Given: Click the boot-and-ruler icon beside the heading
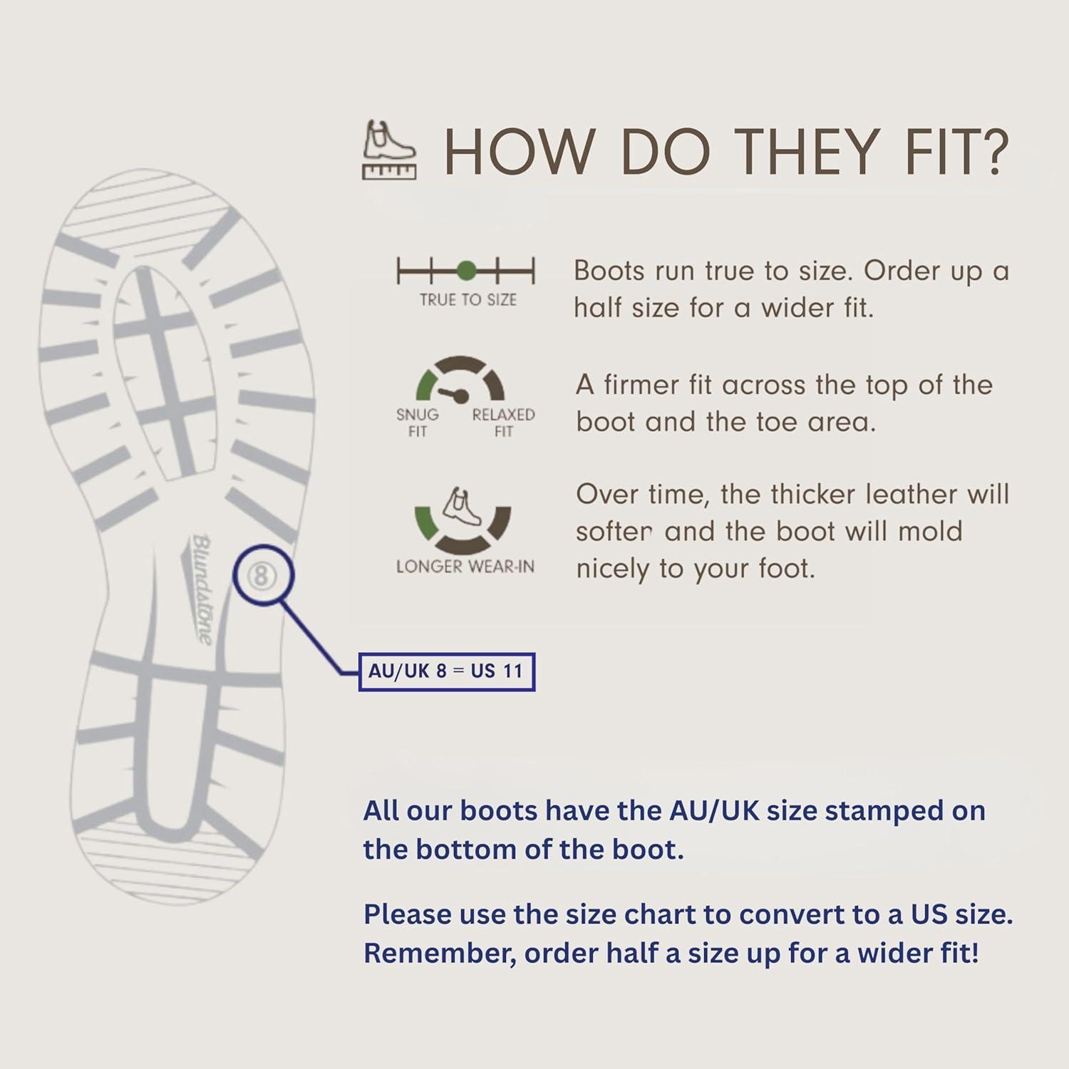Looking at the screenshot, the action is (x=389, y=150).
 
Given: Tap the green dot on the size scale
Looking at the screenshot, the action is (x=466, y=271).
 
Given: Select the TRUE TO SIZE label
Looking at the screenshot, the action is (x=468, y=300).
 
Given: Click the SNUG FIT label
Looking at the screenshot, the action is (x=418, y=423).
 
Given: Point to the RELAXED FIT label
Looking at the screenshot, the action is (x=503, y=423).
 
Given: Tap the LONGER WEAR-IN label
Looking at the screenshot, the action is (x=465, y=567).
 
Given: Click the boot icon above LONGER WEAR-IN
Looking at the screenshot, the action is (x=462, y=507).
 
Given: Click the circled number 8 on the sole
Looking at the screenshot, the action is (x=261, y=575).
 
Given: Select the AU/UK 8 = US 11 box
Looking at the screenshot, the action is (x=446, y=671).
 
